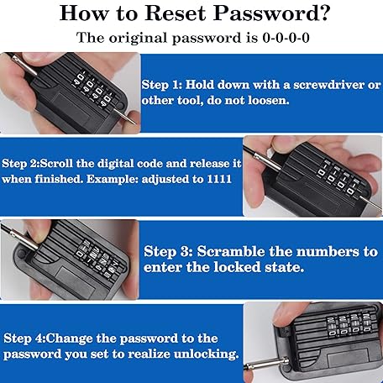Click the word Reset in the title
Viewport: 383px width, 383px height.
(x=176, y=13)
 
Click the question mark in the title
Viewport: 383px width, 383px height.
(x=324, y=13)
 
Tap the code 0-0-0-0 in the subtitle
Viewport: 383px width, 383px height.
(x=286, y=38)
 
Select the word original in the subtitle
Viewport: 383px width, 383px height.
(x=136, y=39)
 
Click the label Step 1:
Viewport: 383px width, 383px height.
(x=161, y=85)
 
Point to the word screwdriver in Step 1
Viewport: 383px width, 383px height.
(x=328, y=85)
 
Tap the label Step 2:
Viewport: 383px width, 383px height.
(x=20, y=164)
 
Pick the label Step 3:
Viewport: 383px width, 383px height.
(x=168, y=251)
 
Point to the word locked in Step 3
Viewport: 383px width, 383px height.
(x=239, y=267)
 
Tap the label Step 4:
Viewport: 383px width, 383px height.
(x=24, y=338)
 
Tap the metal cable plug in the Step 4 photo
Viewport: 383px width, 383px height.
(x=266, y=365)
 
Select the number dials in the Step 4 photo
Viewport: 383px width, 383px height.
(x=349, y=323)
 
